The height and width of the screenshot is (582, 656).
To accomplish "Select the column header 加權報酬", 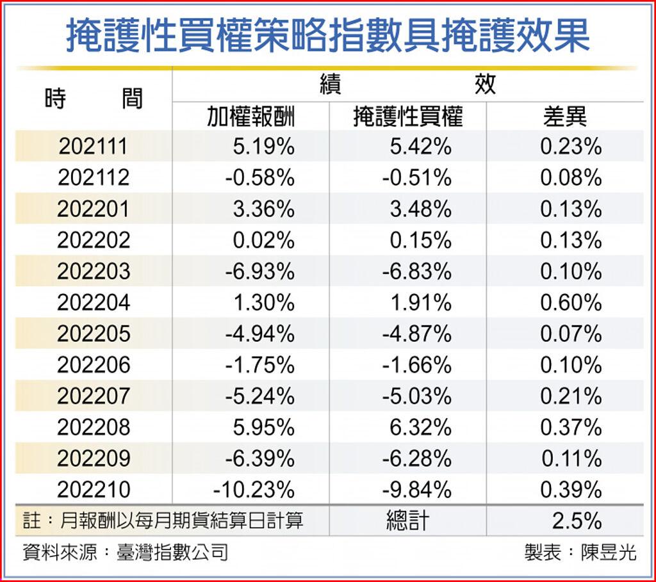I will click(250, 117).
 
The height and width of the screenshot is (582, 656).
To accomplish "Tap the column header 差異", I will click(564, 117).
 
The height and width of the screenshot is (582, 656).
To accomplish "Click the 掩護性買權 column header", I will click(408, 117).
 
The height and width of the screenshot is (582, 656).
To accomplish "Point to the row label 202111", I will click(94, 147).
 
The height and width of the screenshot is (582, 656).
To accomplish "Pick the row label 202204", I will click(94, 302).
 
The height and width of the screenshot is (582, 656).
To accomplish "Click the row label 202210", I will click(94, 490).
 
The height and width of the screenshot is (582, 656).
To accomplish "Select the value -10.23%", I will click(254, 490).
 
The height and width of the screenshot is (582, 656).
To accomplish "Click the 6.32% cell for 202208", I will click(420, 427).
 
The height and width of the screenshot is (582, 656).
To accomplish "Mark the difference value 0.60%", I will click(571, 302).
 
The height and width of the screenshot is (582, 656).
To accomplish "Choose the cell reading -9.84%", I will click(417, 490).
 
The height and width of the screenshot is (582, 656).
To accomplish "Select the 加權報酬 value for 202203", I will click(259, 271).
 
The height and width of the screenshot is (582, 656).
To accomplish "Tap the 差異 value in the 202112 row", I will click(571, 178).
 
